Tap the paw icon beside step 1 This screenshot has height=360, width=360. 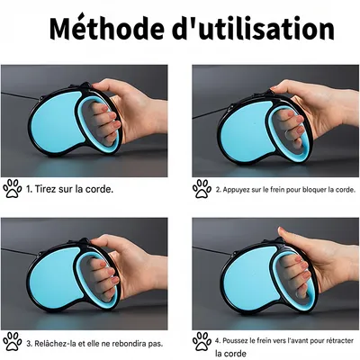coord(13,189)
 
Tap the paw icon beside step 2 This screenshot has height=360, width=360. coord(202,189)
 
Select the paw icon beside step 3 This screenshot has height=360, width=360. coord(13,343)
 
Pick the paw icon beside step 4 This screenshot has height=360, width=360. coord(202,343)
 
